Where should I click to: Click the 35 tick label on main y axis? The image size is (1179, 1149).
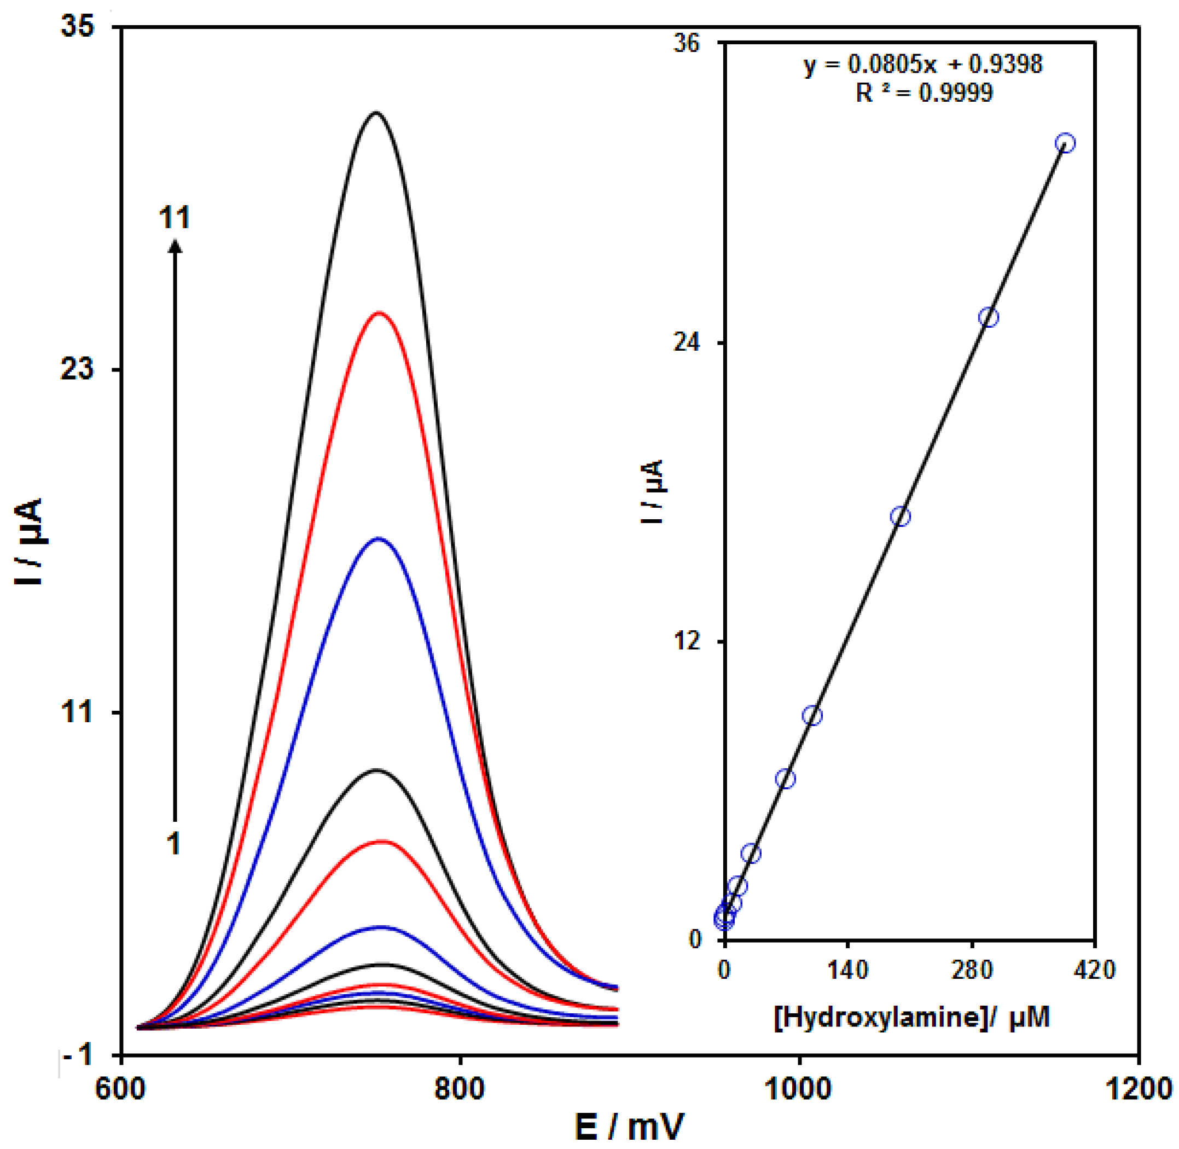[x=78, y=28]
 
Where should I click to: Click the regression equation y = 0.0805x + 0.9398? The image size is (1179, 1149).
[x=922, y=64]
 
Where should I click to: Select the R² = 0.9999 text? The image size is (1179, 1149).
[x=924, y=93]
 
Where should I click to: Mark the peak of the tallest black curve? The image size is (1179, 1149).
[x=376, y=112]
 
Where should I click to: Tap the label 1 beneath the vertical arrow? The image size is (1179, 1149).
[x=174, y=844]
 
